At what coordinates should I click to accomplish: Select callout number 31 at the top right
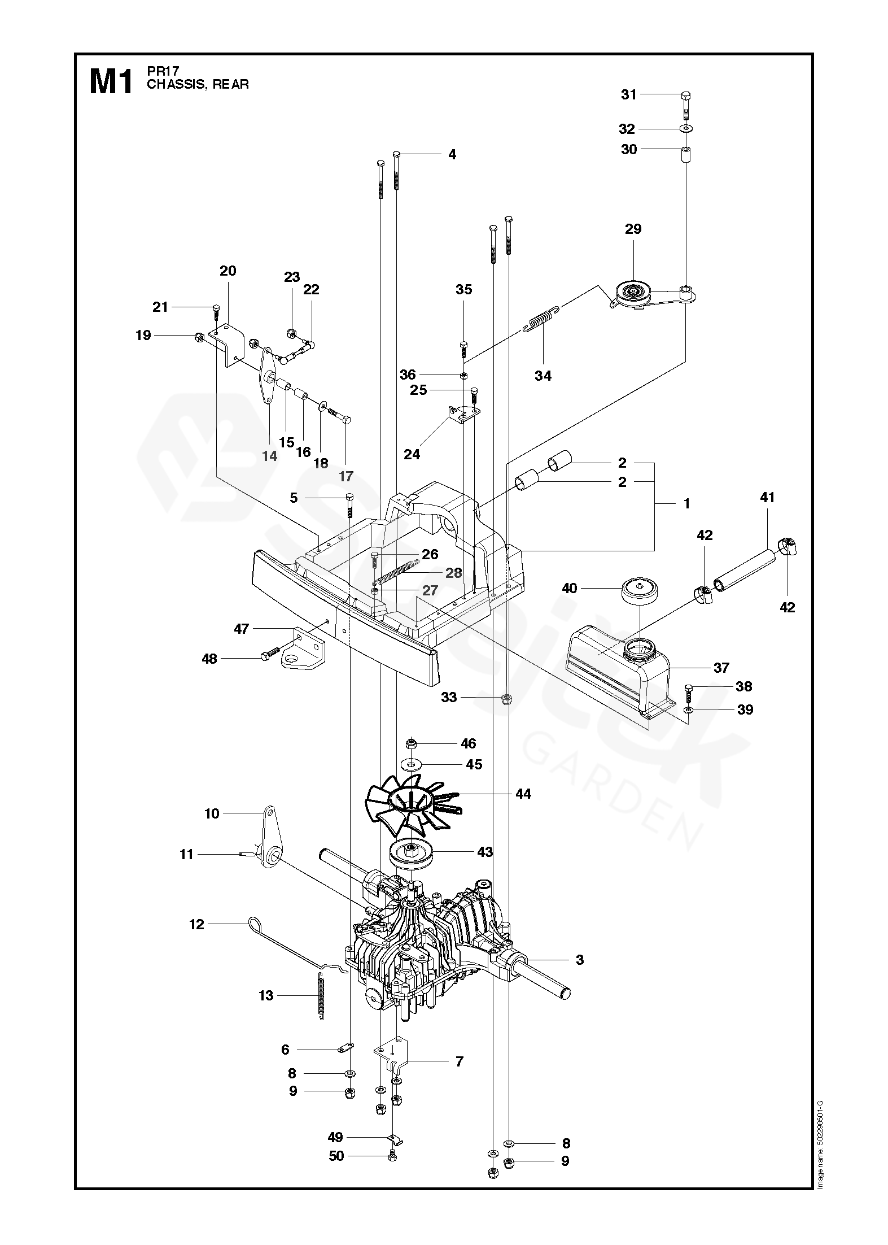point(629,94)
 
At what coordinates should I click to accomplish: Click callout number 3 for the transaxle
point(580,959)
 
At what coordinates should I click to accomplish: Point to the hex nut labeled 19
point(198,337)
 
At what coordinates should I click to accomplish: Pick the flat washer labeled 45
point(412,765)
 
